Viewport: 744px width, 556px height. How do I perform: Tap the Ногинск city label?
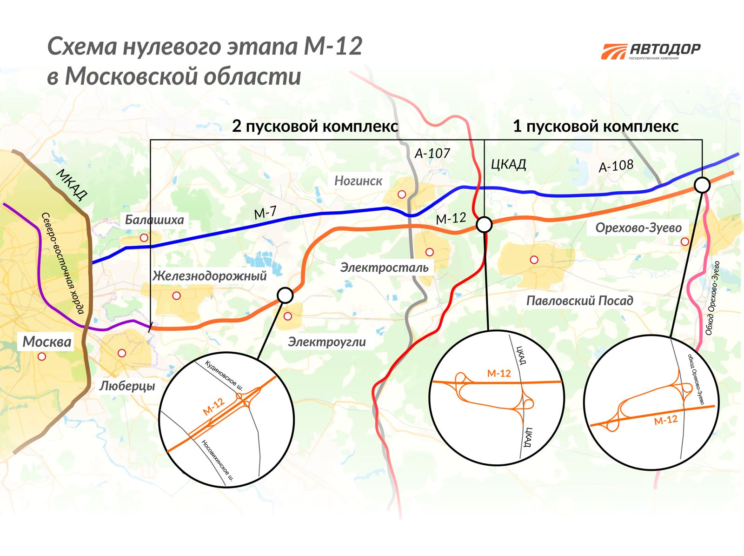pos(358,181)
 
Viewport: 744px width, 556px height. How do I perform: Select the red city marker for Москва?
pos(42,356)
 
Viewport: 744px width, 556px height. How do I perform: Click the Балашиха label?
pos(154,220)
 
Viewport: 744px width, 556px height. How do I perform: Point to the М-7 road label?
pos(265,213)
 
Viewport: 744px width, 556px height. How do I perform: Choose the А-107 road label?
pos(432,153)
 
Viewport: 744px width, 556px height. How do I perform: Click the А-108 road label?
pos(616,166)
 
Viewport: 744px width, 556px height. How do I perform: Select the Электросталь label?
pos(384,268)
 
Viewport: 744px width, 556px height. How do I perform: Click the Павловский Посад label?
pos(579,301)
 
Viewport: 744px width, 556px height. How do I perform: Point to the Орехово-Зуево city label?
pos(638,228)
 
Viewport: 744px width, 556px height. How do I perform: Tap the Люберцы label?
pos(127,386)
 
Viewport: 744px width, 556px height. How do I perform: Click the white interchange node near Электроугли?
pos(285,295)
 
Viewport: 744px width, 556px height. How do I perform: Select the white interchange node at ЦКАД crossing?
pos(484,225)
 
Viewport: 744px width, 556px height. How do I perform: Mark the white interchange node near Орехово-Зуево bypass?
pos(702,185)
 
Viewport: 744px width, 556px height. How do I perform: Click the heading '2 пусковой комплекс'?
pos(315,126)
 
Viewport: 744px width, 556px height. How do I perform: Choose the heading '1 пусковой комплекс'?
pos(595,126)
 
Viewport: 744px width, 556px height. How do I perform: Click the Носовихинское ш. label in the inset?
pos(217,460)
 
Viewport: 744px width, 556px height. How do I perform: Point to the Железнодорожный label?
pos(209,276)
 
